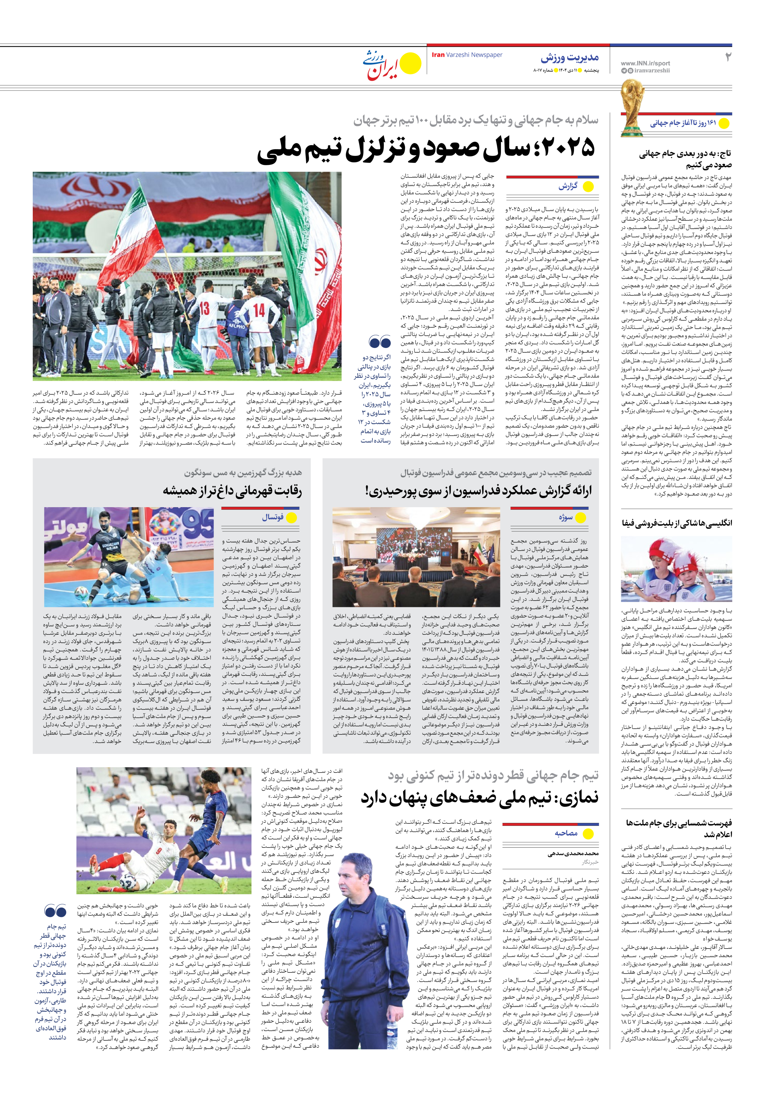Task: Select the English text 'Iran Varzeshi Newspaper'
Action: pyautogui.click(x=467, y=55)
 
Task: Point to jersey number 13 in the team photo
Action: pyautogui.click(x=204, y=309)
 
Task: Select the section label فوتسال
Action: pyautogui.click(x=273, y=517)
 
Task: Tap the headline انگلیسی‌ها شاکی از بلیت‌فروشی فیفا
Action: pyautogui.click(x=677, y=523)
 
